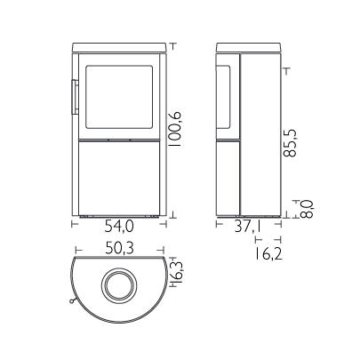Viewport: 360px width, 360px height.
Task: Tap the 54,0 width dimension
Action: pyautogui.click(x=119, y=227)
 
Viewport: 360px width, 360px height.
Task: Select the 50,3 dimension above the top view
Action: pyautogui.click(x=119, y=248)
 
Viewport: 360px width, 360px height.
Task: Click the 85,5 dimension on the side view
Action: pyautogui.click(x=290, y=143)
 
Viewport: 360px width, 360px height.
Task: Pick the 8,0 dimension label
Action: pyautogui.click(x=307, y=209)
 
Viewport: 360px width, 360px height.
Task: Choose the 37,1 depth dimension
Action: pyautogui.click(x=248, y=227)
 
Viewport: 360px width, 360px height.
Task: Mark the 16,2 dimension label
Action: pyautogui.click(x=268, y=254)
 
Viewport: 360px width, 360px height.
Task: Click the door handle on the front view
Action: pyautogui.click(x=74, y=97)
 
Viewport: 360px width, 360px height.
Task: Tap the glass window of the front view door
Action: pyautogui.click(x=119, y=97)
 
